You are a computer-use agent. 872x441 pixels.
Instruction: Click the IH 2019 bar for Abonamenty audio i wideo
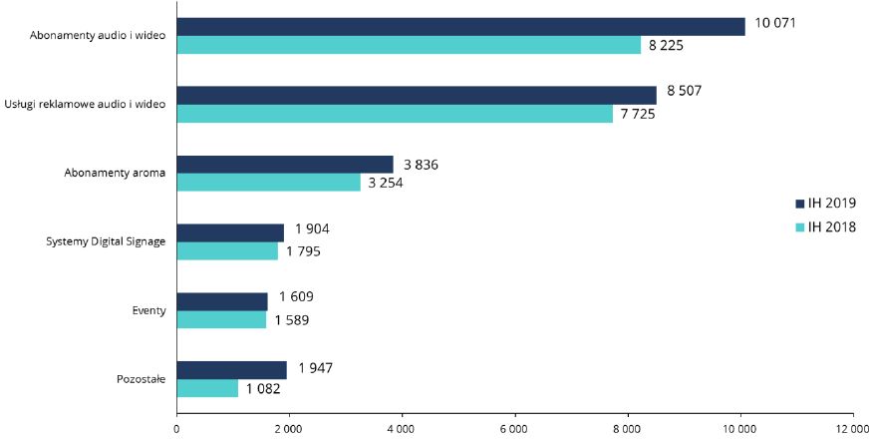460,27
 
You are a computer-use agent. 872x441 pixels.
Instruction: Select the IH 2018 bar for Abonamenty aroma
268,183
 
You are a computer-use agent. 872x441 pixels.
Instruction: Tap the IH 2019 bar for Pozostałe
231,370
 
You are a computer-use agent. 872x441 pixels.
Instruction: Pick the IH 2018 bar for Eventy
221,320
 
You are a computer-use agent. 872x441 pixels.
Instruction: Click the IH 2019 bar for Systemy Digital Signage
230,232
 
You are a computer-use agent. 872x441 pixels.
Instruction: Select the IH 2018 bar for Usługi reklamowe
395,114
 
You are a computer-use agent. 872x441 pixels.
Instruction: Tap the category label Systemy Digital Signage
107,241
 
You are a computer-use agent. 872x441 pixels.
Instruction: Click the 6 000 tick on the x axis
515,429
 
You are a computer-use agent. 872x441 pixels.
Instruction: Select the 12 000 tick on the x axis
853,429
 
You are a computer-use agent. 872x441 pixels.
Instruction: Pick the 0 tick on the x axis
176,429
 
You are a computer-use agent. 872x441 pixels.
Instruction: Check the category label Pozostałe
140,379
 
